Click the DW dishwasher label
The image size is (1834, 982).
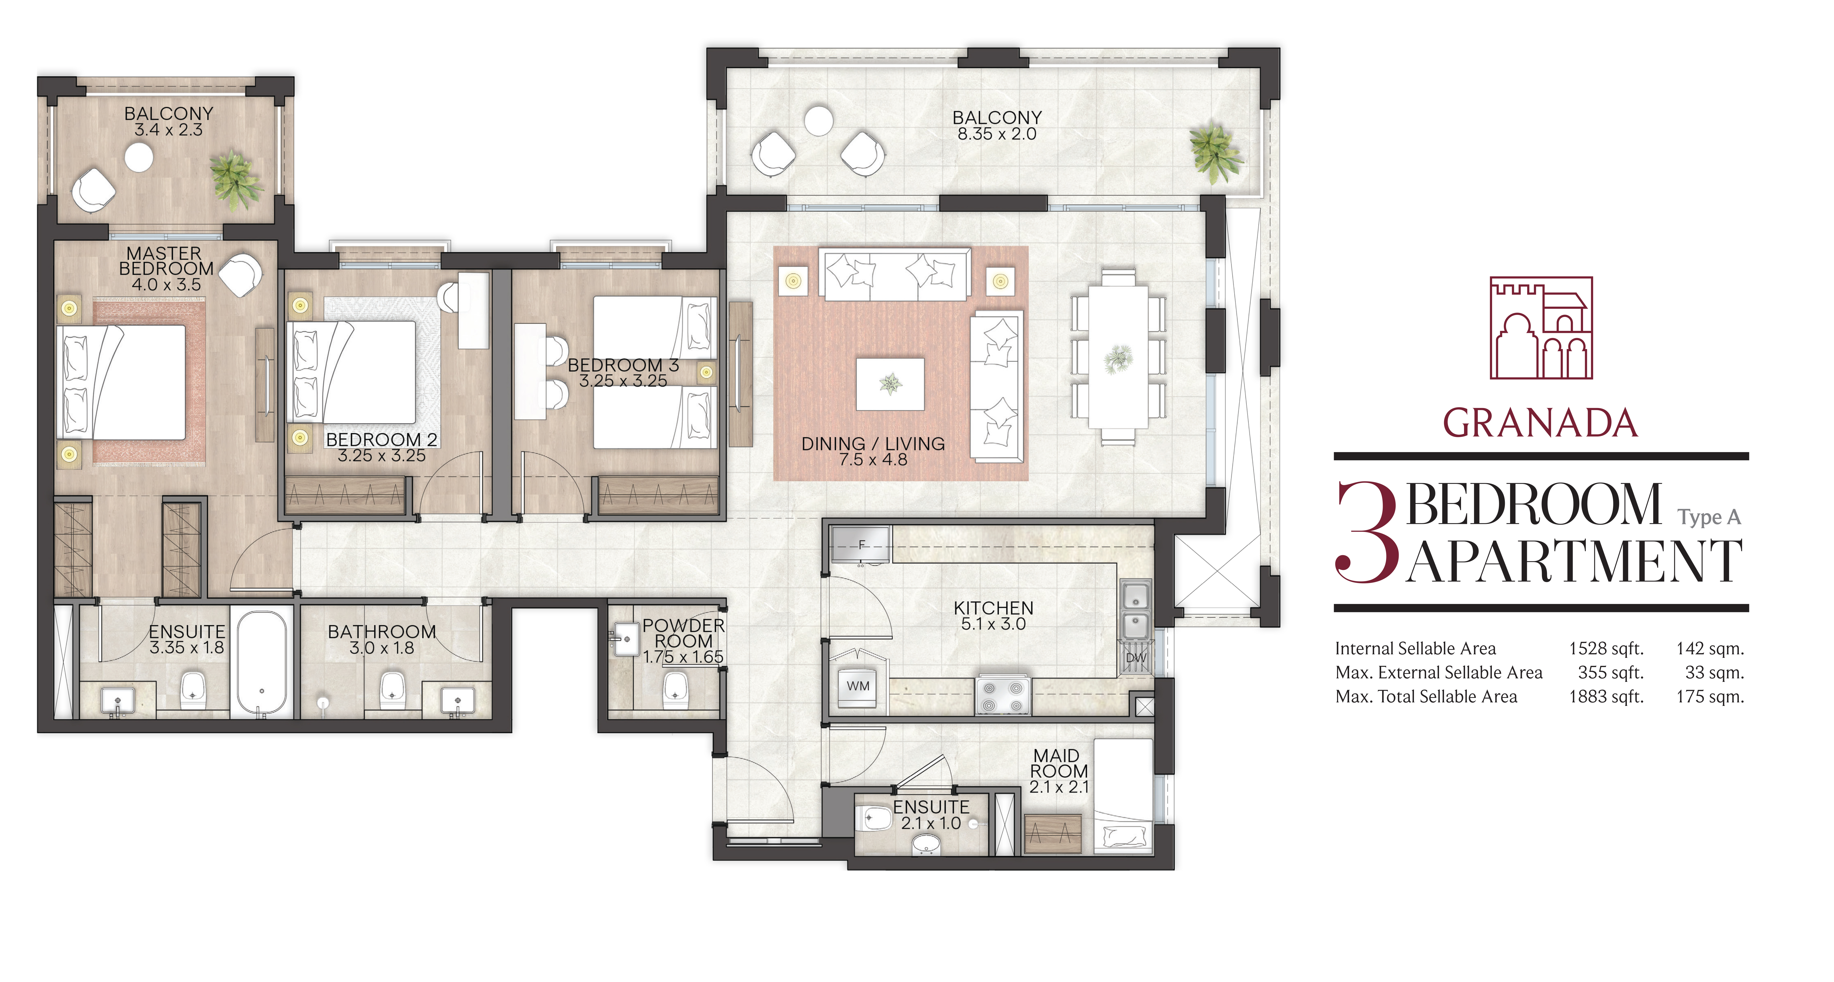coord(1136,658)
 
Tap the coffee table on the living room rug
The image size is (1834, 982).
coord(890,384)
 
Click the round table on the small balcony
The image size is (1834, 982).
coord(139,157)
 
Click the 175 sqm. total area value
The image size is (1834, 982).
coord(1710,697)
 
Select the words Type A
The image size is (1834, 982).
coord(1709,517)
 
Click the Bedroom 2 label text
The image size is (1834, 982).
coord(382,440)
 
